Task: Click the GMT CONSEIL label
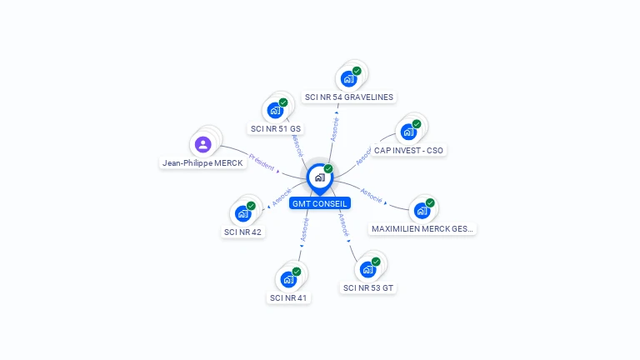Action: pyautogui.click(x=320, y=203)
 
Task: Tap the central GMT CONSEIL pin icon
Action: pyautogui.click(x=319, y=177)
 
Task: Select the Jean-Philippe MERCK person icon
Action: pyautogui.click(x=202, y=144)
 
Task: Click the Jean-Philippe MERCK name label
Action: pyautogui.click(x=202, y=163)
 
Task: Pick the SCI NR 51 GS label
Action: pyautogui.click(x=276, y=129)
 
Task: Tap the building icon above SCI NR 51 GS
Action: pyautogui.click(x=275, y=110)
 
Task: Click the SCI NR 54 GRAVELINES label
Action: pyautogui.click(x=349, y=97)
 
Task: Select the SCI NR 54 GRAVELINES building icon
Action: pyautogui.click(x=348, y=79)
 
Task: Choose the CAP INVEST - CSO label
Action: pyautogui.click(x=408, y=151)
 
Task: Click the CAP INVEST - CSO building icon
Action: pyautogui.click(x=408, y=132)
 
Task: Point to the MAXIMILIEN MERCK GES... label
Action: pyautogui.click(x=423, y=229)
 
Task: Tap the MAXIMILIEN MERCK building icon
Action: pyautogui.click(x=422, y=210)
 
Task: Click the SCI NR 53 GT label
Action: pyautogui.click(x=368, y=288)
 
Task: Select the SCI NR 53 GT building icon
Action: pyautogui.click(x=367, y=269)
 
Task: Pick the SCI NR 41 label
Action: pyautogui.click(x=288, y=297)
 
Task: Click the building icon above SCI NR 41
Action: pyautogui.click(x=288, y=279)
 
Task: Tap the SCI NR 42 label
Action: pyautogui.click(x=243, y=232)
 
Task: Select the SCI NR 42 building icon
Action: pyautogui.click(x=243, y=213)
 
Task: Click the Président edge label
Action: pyautogui.click(x=261, y=162)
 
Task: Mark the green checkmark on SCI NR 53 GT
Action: pyautogui.click(x=376, y=262)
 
